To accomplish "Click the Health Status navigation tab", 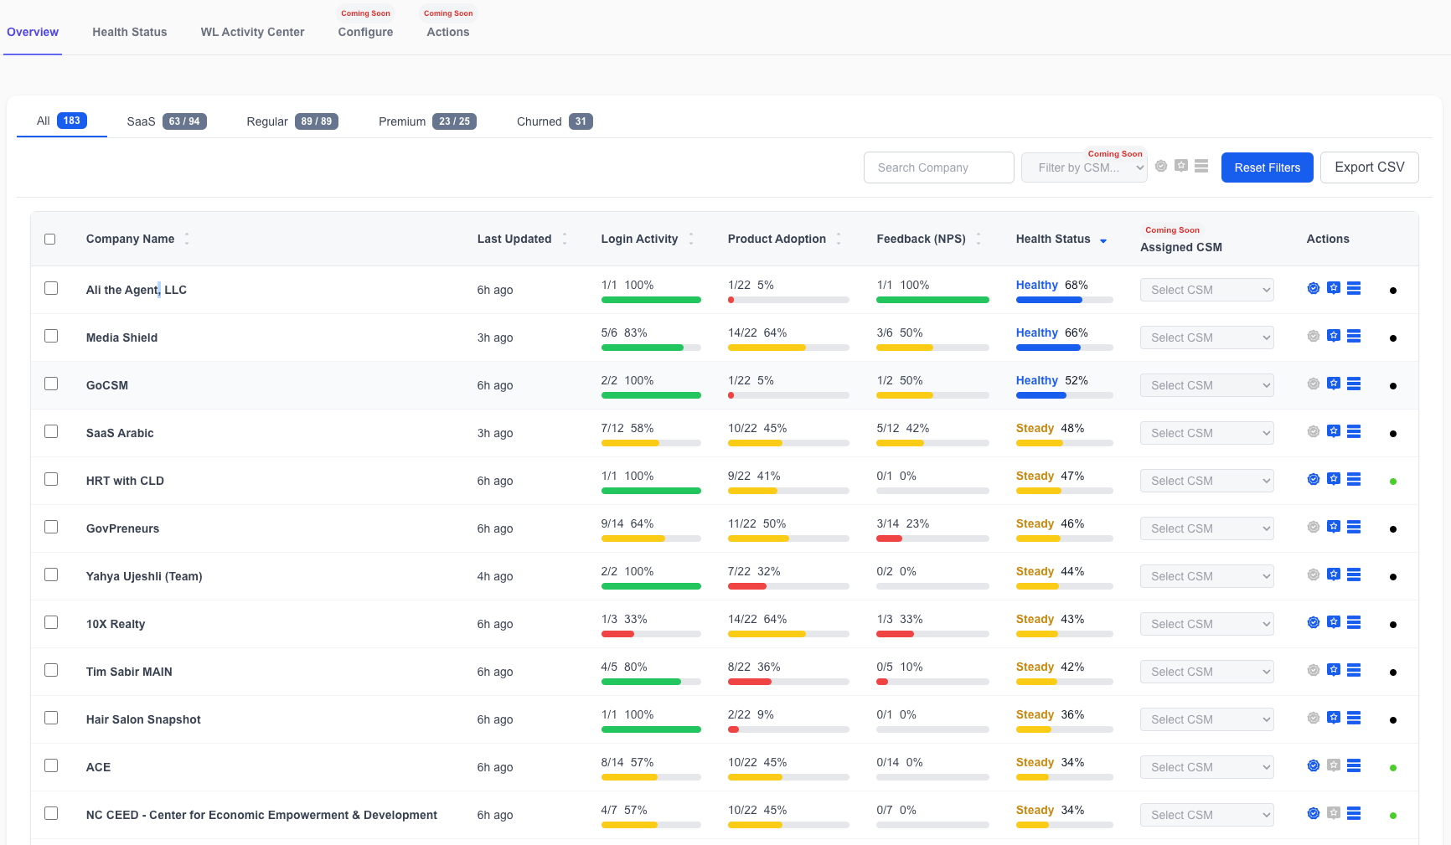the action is pyautogui.click(x=130, y=32).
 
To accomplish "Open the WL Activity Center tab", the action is pyautogui.click(x=252, y=32).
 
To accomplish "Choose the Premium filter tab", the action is pyautogui.click(x=427, y=121).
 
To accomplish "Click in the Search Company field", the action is pyautogui.click(x=938, y=167).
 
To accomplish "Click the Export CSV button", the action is pyautogui.click(x=1370, y=167).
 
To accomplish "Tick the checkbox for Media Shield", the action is pyautogui.click(x=51, y=336).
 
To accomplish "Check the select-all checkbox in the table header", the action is pyautogui.click(x=50, y=239).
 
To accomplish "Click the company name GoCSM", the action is pyautogui.click(x=107, y=385).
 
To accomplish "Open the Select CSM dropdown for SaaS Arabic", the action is pyautogui.click(x=1206, y=433).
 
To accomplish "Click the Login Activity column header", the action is pyautogui.click(x=640, y=239).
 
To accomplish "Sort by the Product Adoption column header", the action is pyautogui.click(x=777, y=239).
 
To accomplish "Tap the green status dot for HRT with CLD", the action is pyautogui.click(x=1393, y=482).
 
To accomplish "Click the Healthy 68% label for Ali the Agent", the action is pyautogui.click(x=1052, y=285).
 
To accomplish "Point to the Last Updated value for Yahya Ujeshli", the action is pyautogui.click(x=495, y=576).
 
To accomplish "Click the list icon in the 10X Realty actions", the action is pyautogui.click(x=1354, y=622).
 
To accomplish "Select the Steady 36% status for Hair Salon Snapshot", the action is pyautogui.click(x=1050, y=714).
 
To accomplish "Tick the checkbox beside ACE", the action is pyautogui.click(x=51, y=765).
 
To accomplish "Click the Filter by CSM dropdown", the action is pyautogui.click(x=1084, y=167).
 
